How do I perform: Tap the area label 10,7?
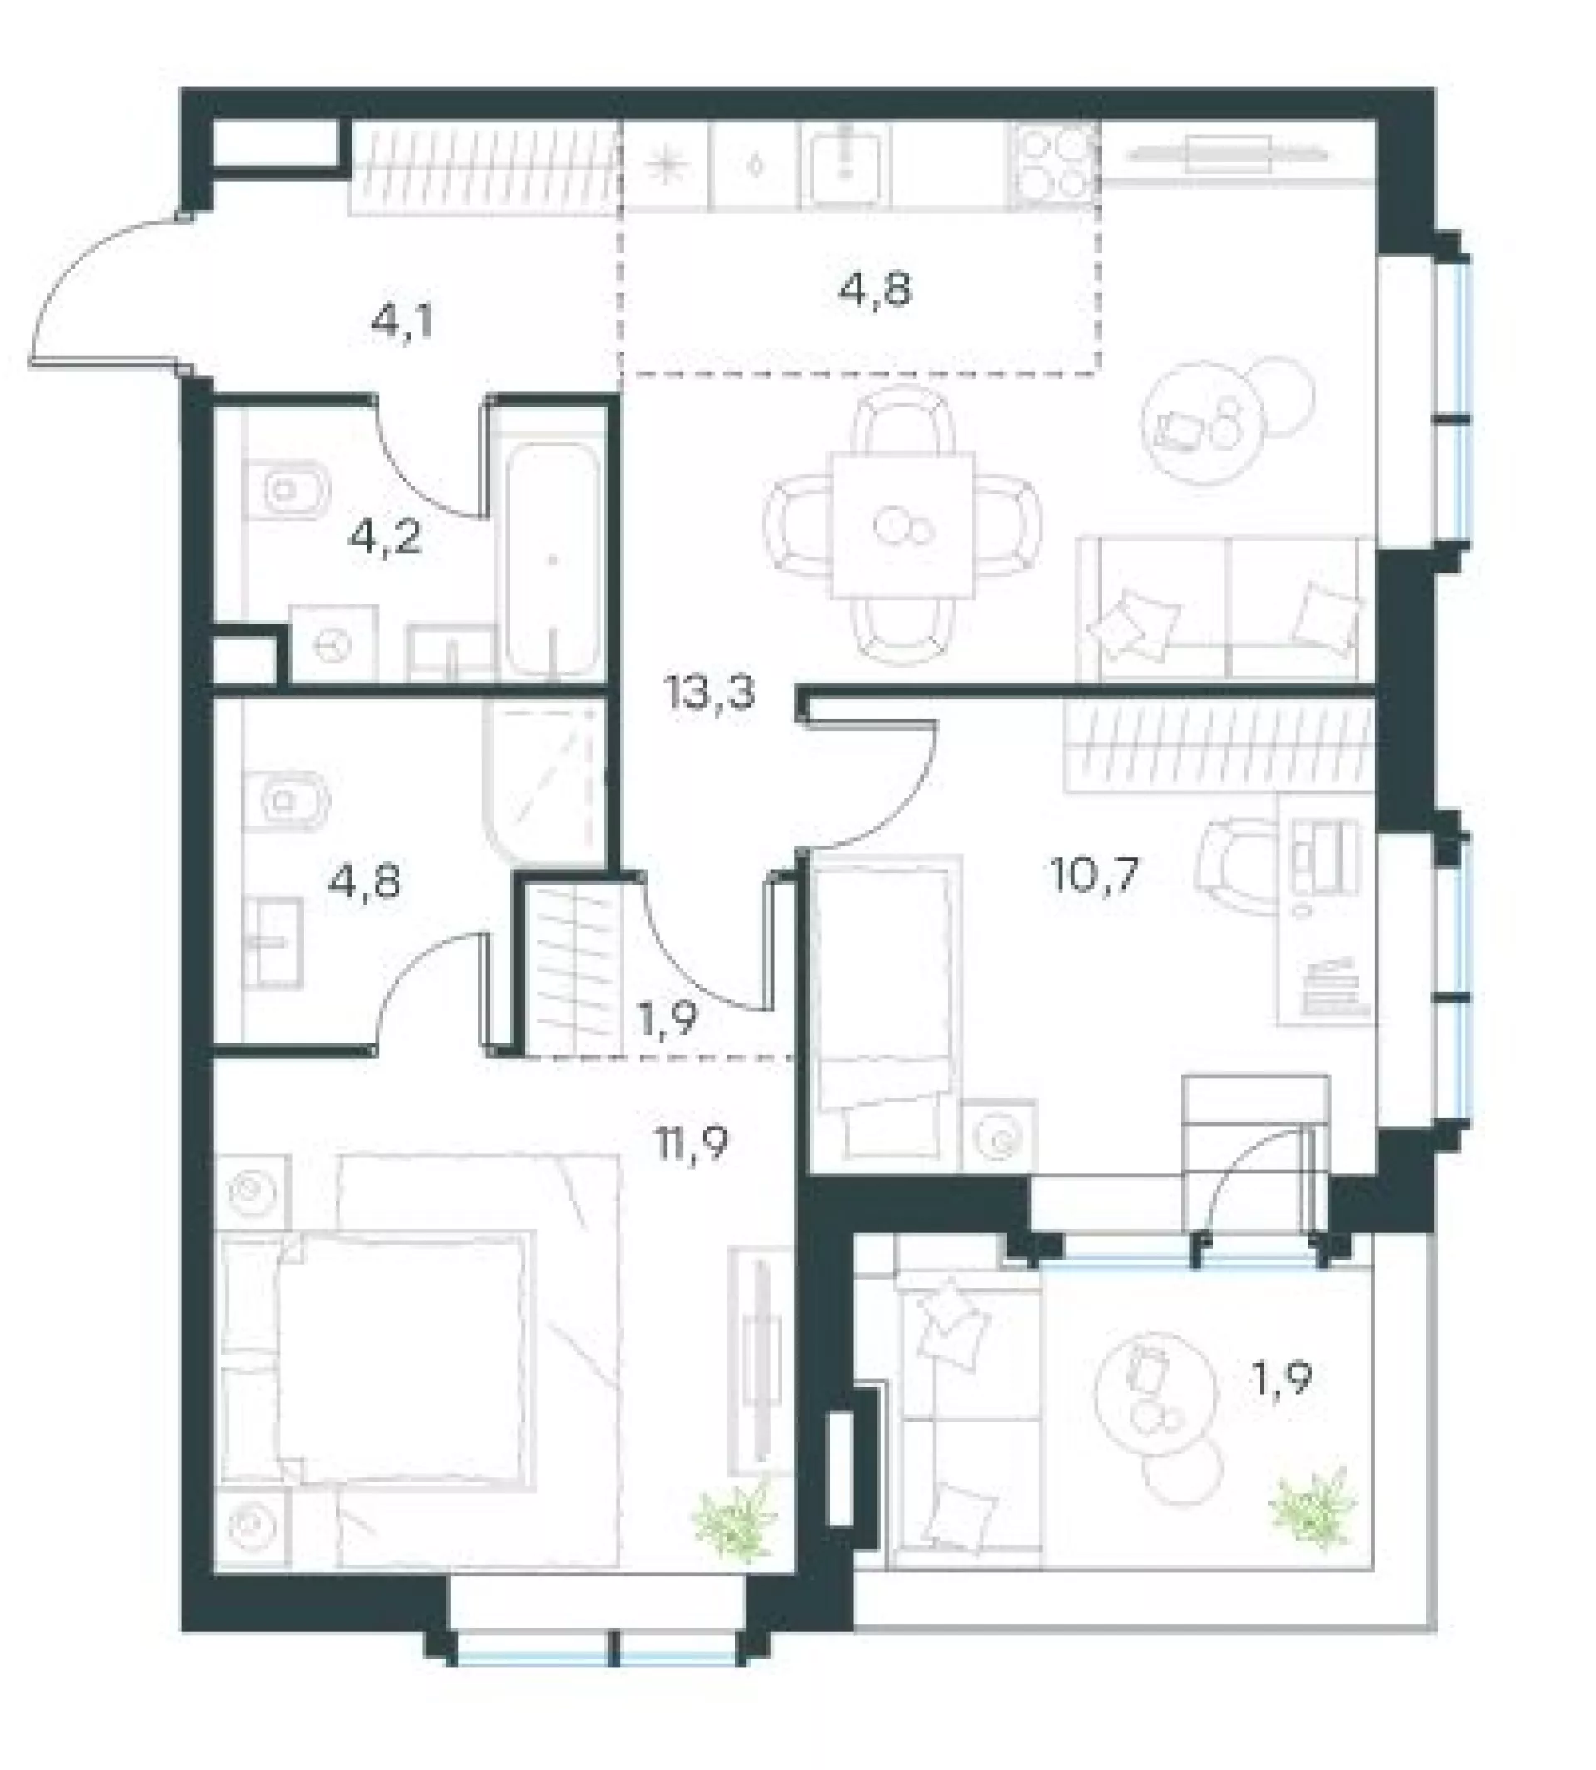click(x=1094, y=874)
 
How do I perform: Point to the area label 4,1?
click(x=402, y=323)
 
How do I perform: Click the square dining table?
click(x=904, y=524)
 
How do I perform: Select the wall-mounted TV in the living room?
click(x=1228, y=155)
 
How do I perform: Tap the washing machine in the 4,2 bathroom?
click(x=333, y=643)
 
